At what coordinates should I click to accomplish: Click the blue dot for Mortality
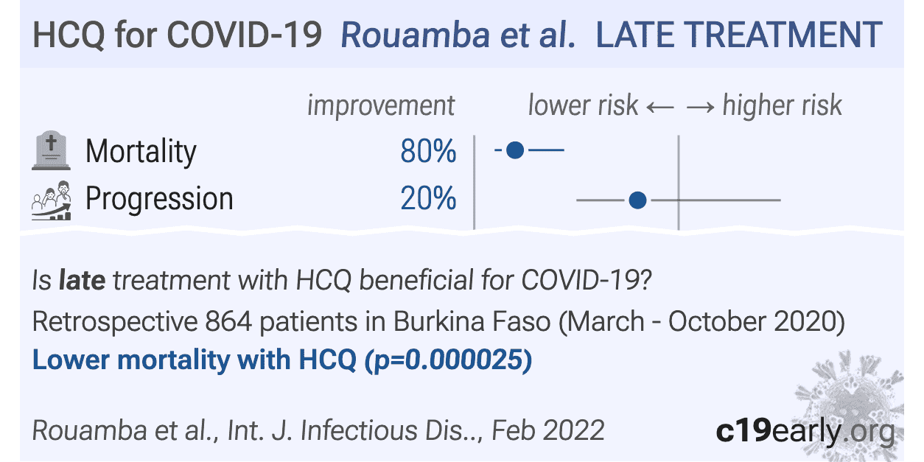[x=516, y=150]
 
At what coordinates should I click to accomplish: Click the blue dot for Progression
[x=638, y=200]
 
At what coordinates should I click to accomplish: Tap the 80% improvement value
[x=428, y=151]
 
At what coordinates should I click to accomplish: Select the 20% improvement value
[x=428, y=199]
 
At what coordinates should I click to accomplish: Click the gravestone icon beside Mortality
[x=51, y=152]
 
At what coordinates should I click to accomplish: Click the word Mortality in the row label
[x=141, y=152]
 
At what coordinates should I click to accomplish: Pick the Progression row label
[x=159, y=199]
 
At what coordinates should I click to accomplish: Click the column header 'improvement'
[x=381, y=106]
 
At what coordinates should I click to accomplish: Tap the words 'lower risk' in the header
[x=583, y=106]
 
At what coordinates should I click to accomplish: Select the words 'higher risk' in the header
[x=782, y=106]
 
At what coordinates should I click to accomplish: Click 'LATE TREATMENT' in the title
[x=738, y=35]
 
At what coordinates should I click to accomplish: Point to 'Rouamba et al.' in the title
[x=458, y=35]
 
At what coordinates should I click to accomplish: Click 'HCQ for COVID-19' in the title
[x=178, y=35]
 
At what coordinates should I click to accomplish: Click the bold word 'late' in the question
[x=82, y=281]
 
